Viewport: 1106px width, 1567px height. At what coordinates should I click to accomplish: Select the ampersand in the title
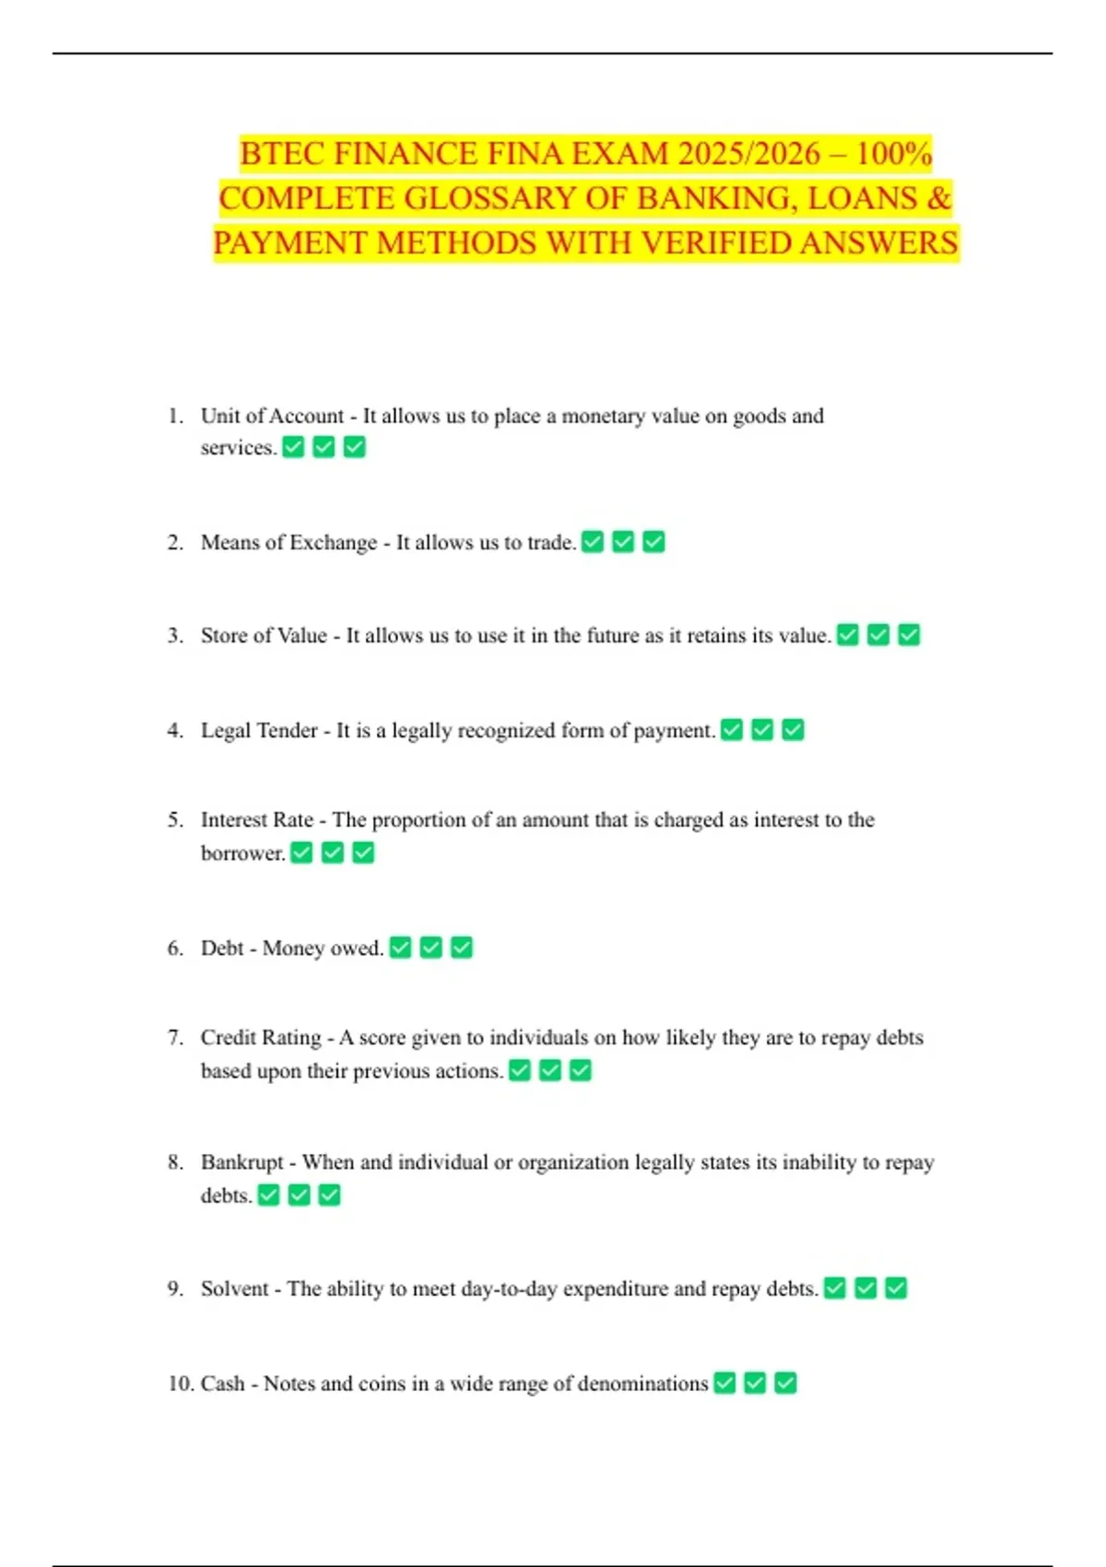[939, 198]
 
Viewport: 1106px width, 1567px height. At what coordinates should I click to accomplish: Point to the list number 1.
[175, 416]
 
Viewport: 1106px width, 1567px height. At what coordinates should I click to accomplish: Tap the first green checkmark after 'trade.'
[593, 542]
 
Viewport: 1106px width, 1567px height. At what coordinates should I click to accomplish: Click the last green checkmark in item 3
[909, 635]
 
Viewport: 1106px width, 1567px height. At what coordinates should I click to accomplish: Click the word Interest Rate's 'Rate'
[293, 819]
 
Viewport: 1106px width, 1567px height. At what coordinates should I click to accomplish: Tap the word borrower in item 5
[242, 853]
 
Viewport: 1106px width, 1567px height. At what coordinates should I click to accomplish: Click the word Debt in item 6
[222, 948]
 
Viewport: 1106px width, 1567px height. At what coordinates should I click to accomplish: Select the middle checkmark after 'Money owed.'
[430, 948]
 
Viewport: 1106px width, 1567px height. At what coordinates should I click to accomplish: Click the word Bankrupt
[241, 1161]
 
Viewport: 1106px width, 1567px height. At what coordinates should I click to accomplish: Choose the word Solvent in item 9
[235, 1288]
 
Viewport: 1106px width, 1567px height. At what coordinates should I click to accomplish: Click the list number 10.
[180, 1383]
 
